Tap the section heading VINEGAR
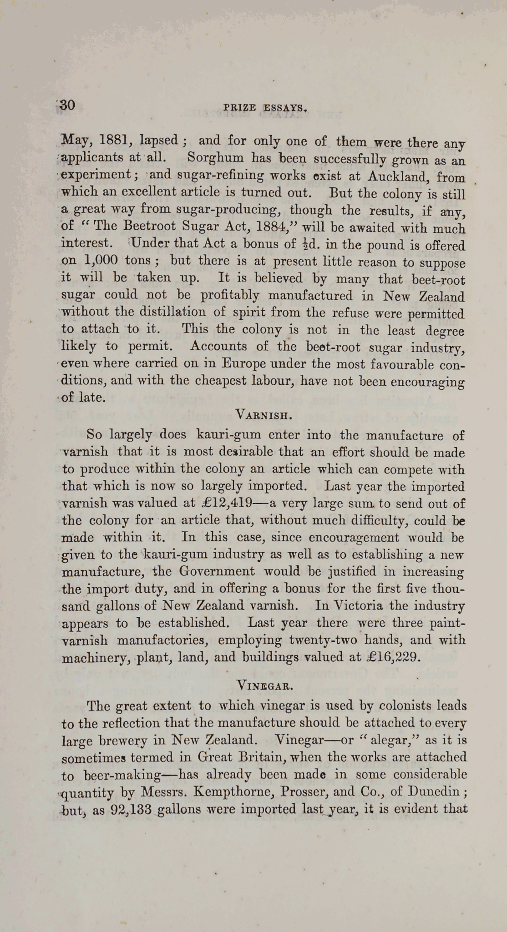pos(263,684)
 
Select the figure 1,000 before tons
pos(101,260)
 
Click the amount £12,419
pos(227,503)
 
